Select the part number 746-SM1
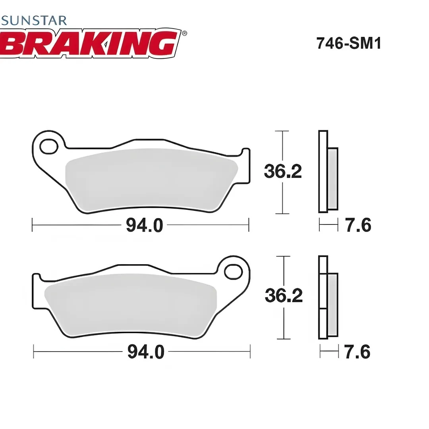click(348, 43)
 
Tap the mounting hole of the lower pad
click(233, 272)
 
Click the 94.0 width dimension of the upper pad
click(144, 226)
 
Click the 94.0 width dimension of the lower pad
click(145, 352)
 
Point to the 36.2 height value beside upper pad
click(283, 172)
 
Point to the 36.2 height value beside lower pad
click(284, 296)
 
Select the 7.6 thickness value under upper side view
click(358, 226)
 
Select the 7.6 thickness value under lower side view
click(357, 352)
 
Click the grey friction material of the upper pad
click(151, 179)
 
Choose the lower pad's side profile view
click(328, 298)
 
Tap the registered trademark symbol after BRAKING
click(184, 33)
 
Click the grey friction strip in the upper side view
click(332, 179)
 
